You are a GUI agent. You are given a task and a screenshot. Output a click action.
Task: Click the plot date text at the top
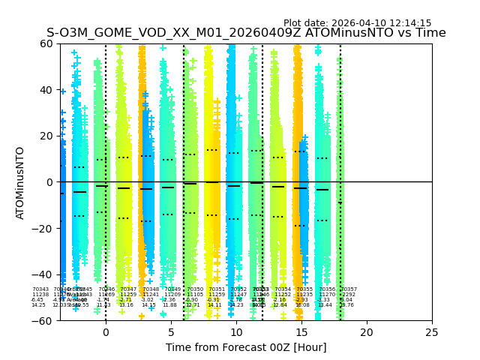pos(357,23)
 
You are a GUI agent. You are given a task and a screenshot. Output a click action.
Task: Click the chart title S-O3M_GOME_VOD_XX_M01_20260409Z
pos(246,34)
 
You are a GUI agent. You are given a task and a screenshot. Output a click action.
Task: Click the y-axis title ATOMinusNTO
pos(20,182)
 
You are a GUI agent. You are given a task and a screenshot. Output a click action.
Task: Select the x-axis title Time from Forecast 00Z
pos(246,347)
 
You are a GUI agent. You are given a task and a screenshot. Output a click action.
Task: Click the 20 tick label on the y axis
pos(44,136)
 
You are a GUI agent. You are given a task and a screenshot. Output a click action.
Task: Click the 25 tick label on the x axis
pos(432,332)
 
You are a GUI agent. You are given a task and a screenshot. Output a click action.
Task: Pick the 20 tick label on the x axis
pos(367,332)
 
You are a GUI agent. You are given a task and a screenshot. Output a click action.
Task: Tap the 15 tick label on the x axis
pos(301,332)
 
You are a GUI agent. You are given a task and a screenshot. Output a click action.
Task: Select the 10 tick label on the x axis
pos(236,332)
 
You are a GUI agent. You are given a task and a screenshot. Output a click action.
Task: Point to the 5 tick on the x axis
pos(171,332)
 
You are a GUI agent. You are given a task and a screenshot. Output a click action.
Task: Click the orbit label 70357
pos(349,289)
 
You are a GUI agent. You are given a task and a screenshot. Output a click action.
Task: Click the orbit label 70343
pos(40,289)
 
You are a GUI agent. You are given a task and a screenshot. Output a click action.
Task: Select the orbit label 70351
pos(217,289)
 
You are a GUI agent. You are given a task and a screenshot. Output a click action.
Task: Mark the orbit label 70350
pos(195,289)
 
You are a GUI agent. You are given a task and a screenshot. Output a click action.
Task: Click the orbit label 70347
pos(128,289)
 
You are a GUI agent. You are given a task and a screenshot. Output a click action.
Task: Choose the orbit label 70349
pos(172,289)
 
